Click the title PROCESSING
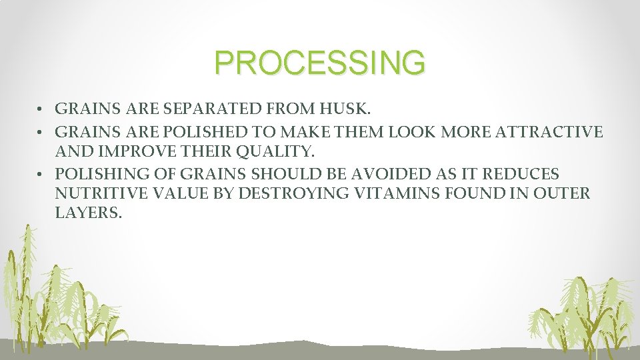coord(319,63)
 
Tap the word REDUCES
coord(520,174)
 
